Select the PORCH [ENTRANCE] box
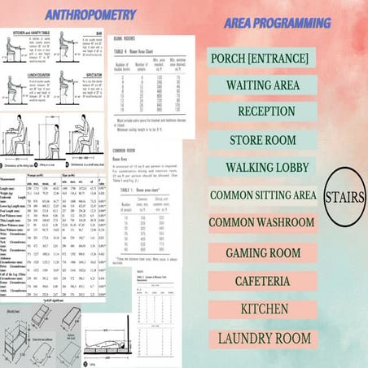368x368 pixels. click(x=262, y=59)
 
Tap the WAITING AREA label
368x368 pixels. click(x=261, y=85)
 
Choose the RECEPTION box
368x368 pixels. click(x=261, y=112)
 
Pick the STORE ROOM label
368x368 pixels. click(x=262, y=139)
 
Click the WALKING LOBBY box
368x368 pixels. click(x=262, y=168)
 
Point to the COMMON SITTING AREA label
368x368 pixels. click(x=262, y=195)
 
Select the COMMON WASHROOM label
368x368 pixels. click(x=261, y=222)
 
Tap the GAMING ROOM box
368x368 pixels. click(x=262, y=253)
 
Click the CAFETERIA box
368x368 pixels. click(x=262, y=282)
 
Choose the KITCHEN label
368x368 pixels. click(x=262, y=309)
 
